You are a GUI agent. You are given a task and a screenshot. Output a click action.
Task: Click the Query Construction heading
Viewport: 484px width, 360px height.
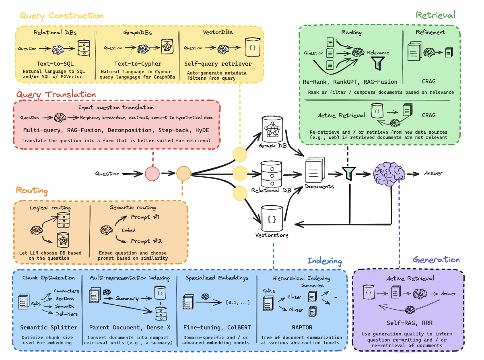click(62, 16)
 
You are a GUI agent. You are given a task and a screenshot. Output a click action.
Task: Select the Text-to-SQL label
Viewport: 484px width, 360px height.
click(56, 64)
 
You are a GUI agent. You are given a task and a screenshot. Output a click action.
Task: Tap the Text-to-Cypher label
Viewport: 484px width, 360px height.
click(138, 64)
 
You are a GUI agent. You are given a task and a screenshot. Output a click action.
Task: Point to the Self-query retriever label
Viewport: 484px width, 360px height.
click(218, 64)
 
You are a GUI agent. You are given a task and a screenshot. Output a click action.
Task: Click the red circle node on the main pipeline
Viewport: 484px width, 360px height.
click(152, 174)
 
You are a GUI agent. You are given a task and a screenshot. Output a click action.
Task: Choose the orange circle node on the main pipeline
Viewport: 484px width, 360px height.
click(183, 174)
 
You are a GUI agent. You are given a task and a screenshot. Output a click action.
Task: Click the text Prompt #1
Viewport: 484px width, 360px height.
click(145, 217)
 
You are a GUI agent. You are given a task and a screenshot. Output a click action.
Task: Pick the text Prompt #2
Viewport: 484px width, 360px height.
click(146, 241)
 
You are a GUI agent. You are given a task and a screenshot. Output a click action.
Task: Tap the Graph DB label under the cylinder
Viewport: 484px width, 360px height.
click(273, 145)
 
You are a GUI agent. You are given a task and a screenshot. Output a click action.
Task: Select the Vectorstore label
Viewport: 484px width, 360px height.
click(272, 235)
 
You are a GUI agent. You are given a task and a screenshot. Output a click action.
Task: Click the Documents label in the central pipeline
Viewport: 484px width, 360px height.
click(319, 186)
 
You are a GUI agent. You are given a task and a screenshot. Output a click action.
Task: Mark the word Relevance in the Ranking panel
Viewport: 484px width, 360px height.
click(378, 53)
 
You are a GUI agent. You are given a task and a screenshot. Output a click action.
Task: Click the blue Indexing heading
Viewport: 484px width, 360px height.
click(324, 261)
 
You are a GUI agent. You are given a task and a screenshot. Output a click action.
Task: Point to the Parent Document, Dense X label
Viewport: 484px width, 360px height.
click(130, 328)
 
